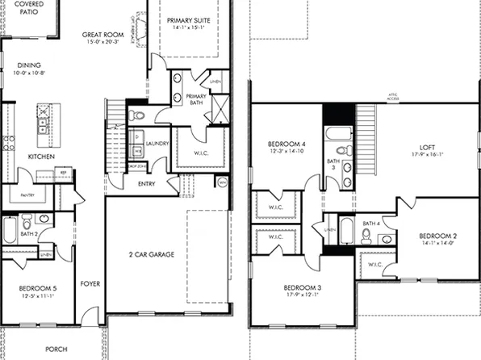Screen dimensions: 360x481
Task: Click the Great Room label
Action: [x=104, y=36]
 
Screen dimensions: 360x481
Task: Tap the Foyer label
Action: [x=89, y=284]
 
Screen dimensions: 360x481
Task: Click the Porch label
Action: [x=56, y=350]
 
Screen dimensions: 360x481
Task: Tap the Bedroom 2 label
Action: [x=438, y=236]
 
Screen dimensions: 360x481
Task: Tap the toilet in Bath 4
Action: [x=366, y=235]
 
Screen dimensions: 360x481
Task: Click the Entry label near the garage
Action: [x=147, y=184]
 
